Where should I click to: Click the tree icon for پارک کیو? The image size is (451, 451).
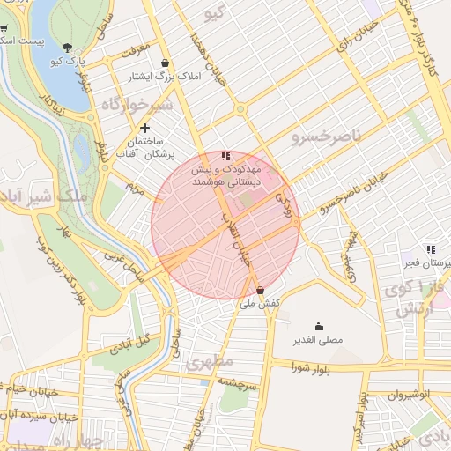coord(69,47)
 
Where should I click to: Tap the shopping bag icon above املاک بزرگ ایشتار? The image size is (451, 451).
coord(166,63)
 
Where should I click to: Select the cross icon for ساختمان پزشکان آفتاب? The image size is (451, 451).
coord(145,128)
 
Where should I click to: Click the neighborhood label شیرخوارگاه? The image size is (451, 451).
coord(133,105)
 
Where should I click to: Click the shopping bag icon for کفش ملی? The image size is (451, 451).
coord(260,290)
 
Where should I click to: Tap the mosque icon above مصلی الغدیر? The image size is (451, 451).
coord(317,325)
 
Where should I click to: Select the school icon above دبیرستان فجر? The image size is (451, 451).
coord(431,249)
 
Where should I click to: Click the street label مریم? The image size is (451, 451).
coord(135,188)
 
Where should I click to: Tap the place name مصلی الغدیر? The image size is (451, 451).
coord(318,339)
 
